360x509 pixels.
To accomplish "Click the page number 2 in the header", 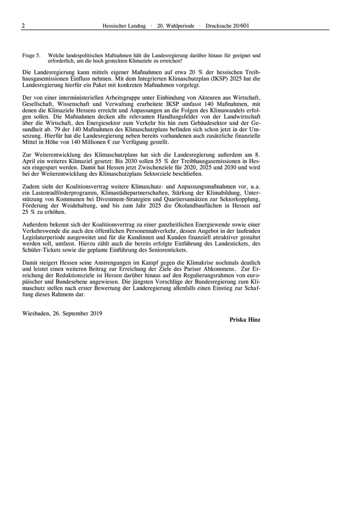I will tap(24, 25).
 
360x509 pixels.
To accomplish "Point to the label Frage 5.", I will tap(31, 55).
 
